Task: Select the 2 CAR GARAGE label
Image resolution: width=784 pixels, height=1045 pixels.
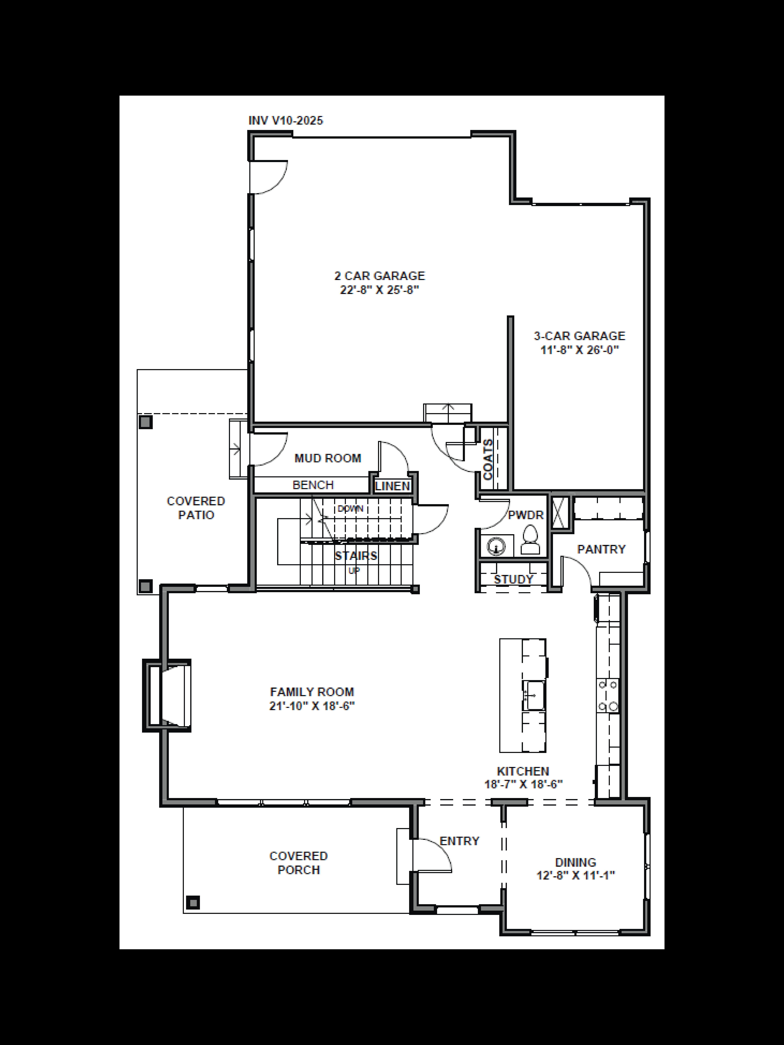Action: tap(379, 276)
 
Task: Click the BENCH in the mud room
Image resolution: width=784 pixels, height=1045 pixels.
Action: tap(313, 485)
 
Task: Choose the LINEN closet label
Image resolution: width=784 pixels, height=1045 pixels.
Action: tap(392, 486)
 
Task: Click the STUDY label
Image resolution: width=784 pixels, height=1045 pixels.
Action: tap(513, 579)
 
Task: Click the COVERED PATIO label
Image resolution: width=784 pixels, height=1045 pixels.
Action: tap(196, 508)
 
